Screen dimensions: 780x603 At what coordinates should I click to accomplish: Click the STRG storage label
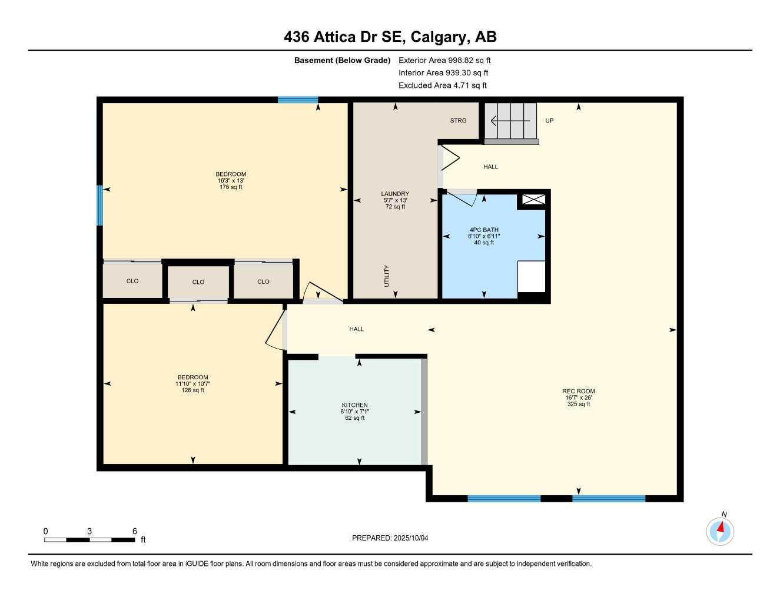[458, 121]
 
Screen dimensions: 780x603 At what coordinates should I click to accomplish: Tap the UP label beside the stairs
[549, 121]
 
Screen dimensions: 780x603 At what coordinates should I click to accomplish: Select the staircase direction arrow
[510, 121]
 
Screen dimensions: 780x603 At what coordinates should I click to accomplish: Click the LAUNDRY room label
[395, 194]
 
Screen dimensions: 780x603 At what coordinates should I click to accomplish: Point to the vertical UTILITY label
[387, 276]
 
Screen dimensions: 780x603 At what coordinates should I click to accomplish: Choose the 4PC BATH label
[484, 230]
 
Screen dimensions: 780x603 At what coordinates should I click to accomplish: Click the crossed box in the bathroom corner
[533, 199]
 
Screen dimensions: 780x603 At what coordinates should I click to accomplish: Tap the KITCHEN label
[354, 405]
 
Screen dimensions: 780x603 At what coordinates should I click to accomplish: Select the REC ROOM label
[578, 391]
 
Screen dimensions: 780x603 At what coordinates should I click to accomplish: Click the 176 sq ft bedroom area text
[231, 187]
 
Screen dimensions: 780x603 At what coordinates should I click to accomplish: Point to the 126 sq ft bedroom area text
[192, 390]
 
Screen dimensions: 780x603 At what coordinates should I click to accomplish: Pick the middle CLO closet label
[198, 282]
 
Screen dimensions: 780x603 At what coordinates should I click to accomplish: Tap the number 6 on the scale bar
[135, 531]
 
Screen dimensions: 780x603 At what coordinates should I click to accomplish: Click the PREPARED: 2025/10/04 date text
[390, 538]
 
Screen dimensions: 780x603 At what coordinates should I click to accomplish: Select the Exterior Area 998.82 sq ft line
[444, 60]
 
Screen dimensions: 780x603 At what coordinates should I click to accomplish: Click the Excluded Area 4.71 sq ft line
[443, 85]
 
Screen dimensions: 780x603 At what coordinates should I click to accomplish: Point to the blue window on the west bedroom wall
[100, 206]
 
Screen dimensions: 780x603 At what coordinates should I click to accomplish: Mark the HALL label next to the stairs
[490, 167]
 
